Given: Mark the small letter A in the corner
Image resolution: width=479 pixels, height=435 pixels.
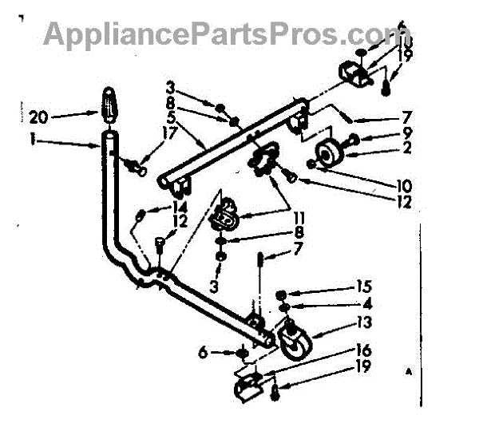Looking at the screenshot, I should tap(410, 372).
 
